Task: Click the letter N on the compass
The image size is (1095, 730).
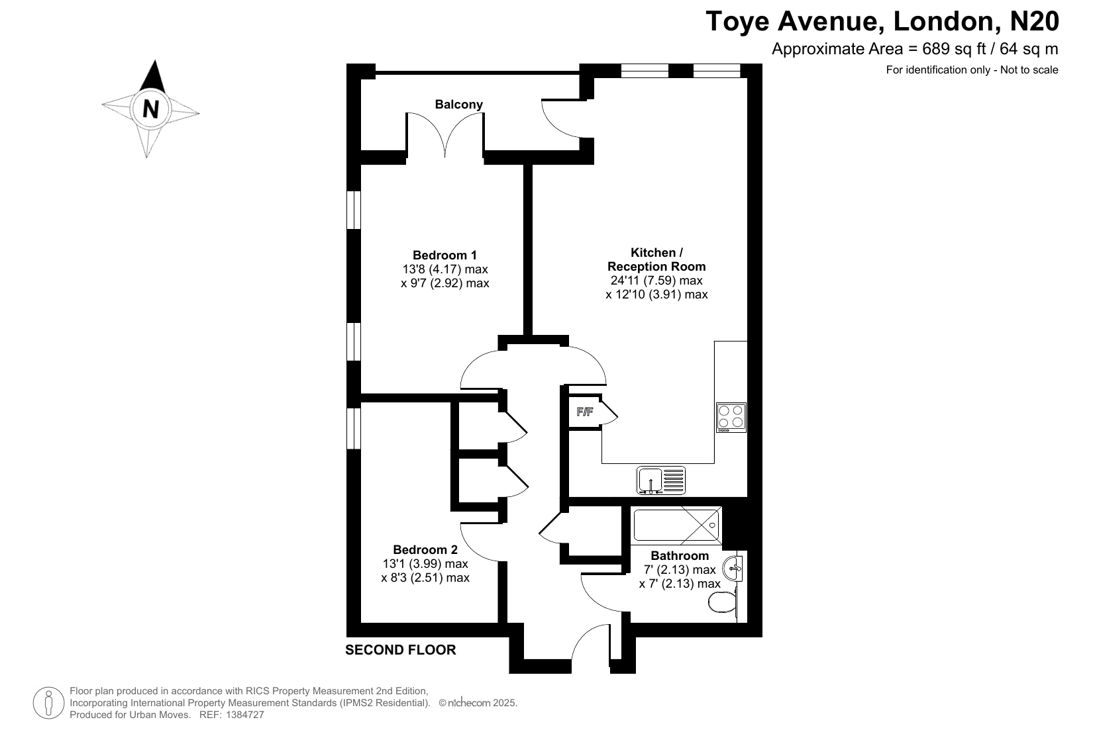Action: pyautogui.click(x=150, y=109)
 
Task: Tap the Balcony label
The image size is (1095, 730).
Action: pyautogui.click(x=458, y=104)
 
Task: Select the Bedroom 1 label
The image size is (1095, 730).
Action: pyautogui.click(x=444, y=255)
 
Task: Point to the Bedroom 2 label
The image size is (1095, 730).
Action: pyautogui.click(x=425, y=549)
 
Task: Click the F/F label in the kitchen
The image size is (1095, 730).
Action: pyautogui.click(x=585, y=412)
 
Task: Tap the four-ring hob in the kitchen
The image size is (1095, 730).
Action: pyautogui.click(x=731, y=418)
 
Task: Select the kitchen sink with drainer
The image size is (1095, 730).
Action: pyautogui.click(x=661, y=480)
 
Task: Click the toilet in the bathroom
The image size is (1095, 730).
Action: pyautogui.click(x=723, y=603)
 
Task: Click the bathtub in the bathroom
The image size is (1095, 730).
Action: pyautogui.click(x=676, y=525)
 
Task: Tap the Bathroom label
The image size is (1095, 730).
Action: pyautogui.click(x=680, y=556)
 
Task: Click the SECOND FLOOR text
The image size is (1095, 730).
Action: pyautogui.click(x=400, y=650)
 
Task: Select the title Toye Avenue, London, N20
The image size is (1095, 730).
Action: pyautogui.click(x=882, y=21)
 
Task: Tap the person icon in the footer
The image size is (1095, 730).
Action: pyautogui.click(x=48, y=703)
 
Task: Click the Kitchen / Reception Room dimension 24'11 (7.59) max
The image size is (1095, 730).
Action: pyautogui.click(x=656, y=281)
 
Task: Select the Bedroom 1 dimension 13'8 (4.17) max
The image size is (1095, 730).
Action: pyautogui.click(x=445, y=269)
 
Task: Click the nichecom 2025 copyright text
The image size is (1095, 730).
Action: pyautogui.click(x=478, y=703)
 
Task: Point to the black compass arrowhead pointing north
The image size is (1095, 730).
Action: pyautogui.click(x=154, y=77)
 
